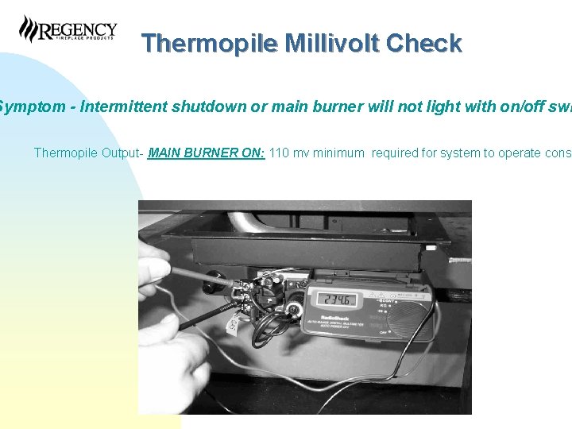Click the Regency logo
coord(68,29)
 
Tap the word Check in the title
coord(423,43)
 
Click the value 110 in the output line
coord(280,153)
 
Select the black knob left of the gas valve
coord(214,280)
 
